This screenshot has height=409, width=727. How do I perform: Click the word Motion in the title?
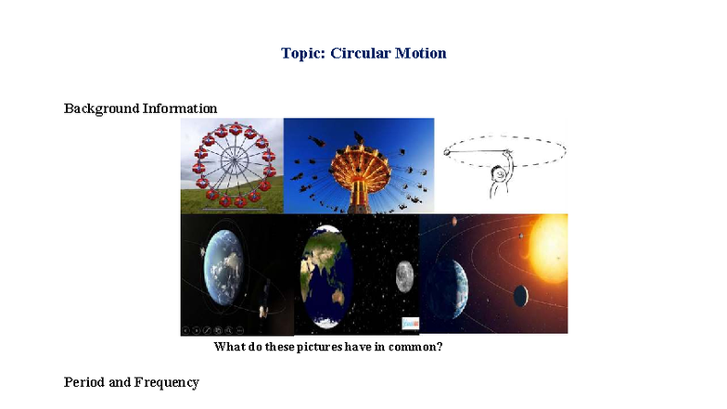click(422, 53)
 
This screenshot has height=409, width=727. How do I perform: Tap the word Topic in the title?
click(303, 53)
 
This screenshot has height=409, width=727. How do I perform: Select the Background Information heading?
click(140, 109)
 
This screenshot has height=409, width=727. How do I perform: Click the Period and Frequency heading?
click(131, 382)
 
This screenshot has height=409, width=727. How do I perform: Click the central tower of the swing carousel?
click(358, 168)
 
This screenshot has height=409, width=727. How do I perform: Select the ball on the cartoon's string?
click(447, 152)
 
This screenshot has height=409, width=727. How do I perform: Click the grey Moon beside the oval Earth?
click(403, 275)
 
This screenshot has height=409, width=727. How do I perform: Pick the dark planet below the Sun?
click(521, 296)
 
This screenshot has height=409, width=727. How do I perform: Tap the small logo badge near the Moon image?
click(410, 323)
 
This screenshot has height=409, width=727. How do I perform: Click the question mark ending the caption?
click(439, 348)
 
